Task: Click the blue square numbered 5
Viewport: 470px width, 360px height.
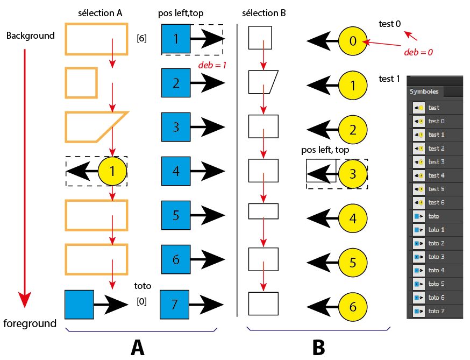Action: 176,215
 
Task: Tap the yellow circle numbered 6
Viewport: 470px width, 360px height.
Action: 353,307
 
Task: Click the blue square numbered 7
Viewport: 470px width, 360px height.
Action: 174,305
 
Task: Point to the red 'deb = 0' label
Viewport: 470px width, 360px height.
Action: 418,53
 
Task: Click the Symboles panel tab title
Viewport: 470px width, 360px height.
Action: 424,92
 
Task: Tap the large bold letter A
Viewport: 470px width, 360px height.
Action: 138,347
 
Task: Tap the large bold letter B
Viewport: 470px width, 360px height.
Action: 318,347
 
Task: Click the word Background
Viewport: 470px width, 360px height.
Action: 31,36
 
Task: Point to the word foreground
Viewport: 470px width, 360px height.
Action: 30,323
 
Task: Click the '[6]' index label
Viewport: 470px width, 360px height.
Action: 142,39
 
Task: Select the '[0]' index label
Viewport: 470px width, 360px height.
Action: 142,302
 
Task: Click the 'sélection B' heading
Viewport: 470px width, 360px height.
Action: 265,12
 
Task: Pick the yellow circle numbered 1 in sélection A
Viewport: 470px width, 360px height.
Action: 112,171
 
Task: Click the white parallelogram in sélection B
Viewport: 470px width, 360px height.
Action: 262,82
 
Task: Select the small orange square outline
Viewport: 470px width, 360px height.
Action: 81,82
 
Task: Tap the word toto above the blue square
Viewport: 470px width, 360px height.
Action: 143,286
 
